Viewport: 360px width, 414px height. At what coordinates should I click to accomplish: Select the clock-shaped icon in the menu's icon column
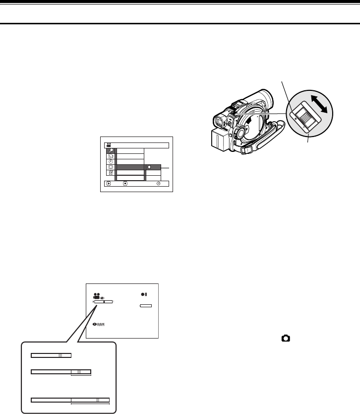110,161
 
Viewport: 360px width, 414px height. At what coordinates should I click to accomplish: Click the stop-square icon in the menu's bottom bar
125,183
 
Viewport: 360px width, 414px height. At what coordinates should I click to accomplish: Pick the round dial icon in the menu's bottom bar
158,183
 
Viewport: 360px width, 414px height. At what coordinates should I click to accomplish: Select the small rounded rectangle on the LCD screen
145,307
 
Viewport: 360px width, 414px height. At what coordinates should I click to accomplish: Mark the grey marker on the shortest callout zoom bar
60,355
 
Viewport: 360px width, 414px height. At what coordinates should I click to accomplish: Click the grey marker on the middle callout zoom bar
78,371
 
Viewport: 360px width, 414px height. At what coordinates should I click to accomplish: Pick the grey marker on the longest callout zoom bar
98,400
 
